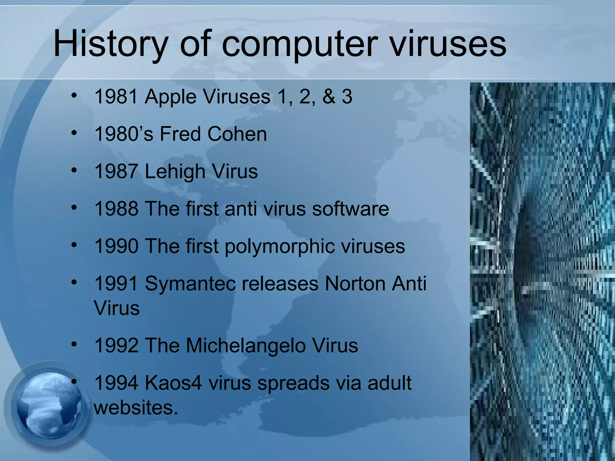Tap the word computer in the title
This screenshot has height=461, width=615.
pos(299,45)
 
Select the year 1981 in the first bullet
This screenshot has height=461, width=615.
pos(117,97)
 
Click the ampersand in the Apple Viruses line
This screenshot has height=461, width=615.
pos(329,97)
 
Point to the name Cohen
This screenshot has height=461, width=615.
pos(237,134)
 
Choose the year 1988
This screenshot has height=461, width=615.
pos(117,209)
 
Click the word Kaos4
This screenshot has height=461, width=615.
pos(173,383)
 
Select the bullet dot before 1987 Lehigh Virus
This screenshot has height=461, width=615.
pos(74,170)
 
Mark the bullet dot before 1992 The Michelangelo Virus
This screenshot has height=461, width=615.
pos(74,344)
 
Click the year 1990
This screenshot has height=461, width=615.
pos(117,247)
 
